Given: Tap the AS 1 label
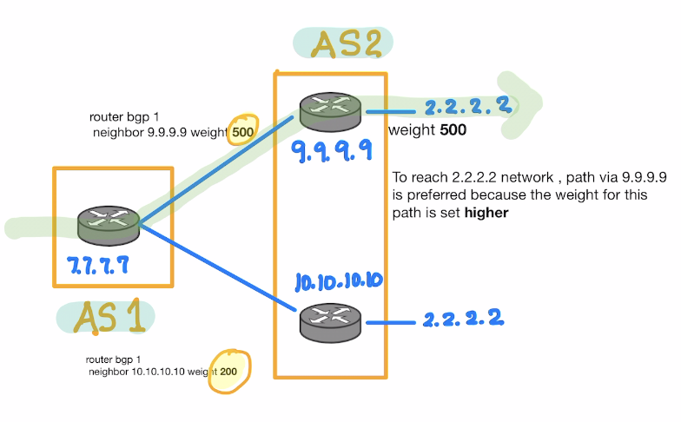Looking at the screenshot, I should (x=108, y=319).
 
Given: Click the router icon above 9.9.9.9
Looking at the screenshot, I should (x=331, y=111).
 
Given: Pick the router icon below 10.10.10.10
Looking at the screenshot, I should (x=331, y=322).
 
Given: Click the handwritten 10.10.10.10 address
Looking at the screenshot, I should (x=337, y=282).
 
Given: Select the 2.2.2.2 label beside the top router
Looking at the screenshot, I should (x=466, y=107).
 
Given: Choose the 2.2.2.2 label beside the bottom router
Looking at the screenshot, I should (x=463, y=318).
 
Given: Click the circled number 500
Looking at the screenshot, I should (x=242, y=129).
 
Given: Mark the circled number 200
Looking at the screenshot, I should (x=228, y=371).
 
